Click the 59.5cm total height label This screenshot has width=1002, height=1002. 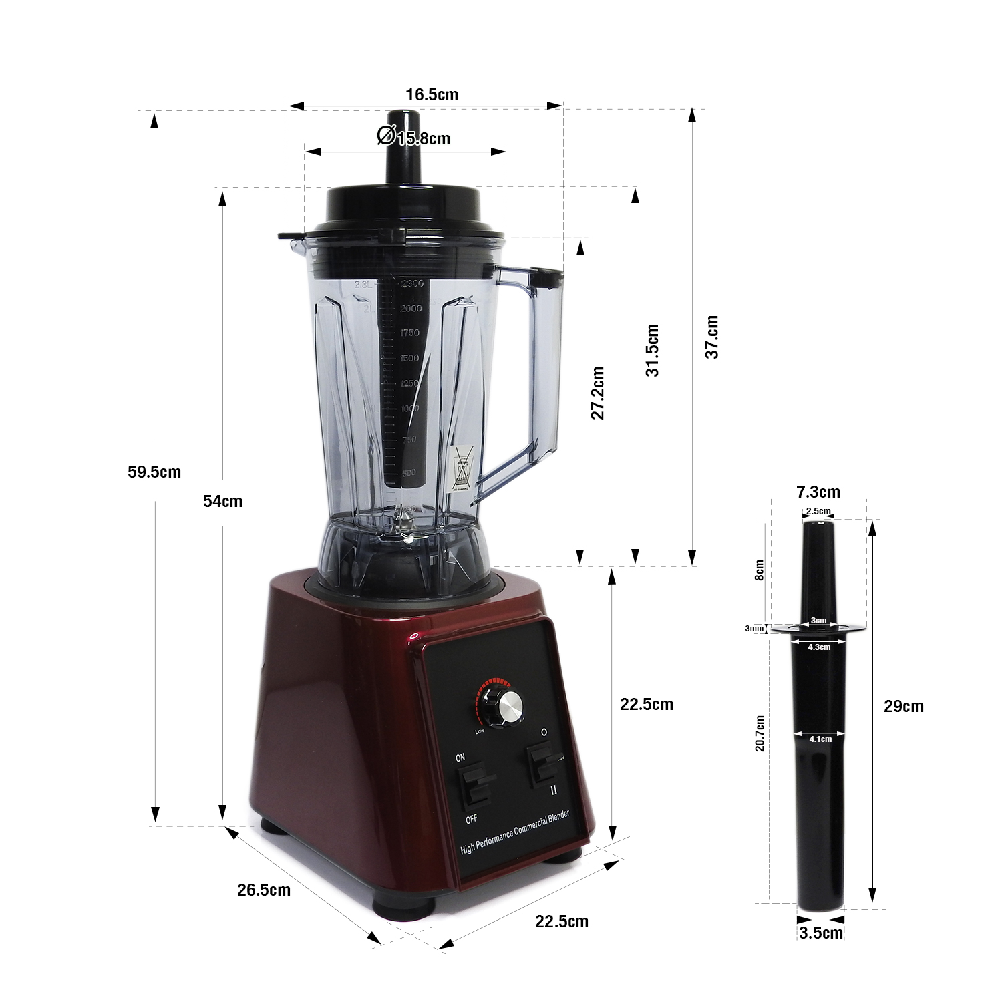pyautogui.click(x=154, y=472)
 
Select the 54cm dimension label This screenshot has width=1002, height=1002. pyautogui.click(x=222, y=502)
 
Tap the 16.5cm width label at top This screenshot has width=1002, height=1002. pyautogui.click(x=432, y=95)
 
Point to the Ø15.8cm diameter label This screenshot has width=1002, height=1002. pyautogui.click(x=414, y=138)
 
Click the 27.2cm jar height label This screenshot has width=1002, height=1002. pyautogui.click(x=598, y=393)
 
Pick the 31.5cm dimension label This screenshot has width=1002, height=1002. pyautogui.click(x=653, y=351)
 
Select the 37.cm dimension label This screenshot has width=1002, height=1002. pyautogui.click(x=712, y=337)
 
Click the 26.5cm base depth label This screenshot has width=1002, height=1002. pyautogui.click(x=264, y=890)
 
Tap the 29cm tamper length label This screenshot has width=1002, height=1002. pyautogui.click(x=904, y=707)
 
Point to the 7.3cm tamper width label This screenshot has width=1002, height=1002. pyautogui.click(x=818, y=492)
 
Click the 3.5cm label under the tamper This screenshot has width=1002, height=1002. pyautogui.click(x=821, y=933)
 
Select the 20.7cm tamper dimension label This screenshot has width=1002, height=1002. pyautogui.click(x=760, y=733)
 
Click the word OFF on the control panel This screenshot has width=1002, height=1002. pyautogui.click(x=472, y=819)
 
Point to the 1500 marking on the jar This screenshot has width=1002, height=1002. pyautogui.click(x=409, y=359)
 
